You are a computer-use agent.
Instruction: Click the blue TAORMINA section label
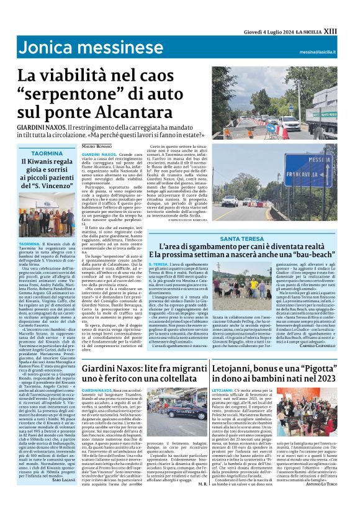(x=47, y=152)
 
